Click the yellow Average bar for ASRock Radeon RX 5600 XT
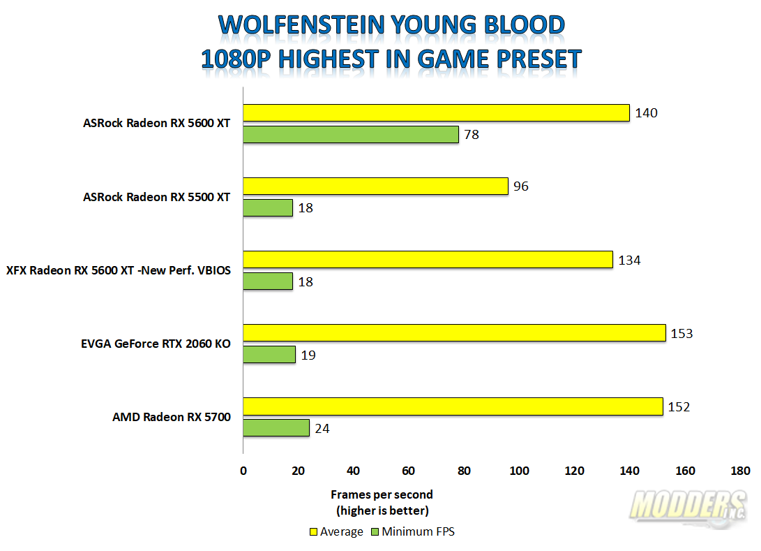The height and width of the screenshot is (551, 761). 437,112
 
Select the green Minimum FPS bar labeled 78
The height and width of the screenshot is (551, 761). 351,135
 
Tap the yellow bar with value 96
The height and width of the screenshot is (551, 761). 376,186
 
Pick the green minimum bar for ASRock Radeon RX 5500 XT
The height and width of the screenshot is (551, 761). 268,208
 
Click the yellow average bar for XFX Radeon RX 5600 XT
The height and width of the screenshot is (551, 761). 428,260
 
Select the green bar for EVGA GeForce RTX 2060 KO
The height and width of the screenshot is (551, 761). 269,354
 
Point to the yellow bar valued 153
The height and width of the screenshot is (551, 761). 454,333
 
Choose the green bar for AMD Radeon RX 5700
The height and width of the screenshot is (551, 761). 276,427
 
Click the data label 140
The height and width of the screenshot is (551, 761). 646,113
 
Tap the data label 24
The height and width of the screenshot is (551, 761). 322,429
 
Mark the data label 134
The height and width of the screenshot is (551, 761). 629,260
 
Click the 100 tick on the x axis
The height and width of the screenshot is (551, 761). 519,471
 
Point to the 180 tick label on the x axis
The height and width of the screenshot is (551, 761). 740,471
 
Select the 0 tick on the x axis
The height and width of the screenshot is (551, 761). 243,471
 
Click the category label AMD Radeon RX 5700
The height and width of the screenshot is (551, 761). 172,417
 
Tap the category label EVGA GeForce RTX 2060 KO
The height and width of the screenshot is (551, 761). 156,344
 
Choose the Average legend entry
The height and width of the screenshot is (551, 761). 336,531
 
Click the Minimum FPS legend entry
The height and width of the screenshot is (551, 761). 413,531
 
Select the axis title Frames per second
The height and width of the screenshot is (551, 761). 382,494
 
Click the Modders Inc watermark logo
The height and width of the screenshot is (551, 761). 688,508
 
